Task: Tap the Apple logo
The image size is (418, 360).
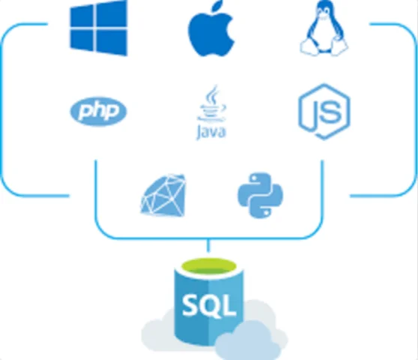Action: pos(210,34)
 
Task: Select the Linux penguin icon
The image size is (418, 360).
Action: pos(324,30)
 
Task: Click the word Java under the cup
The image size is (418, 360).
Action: pos(212,133)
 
